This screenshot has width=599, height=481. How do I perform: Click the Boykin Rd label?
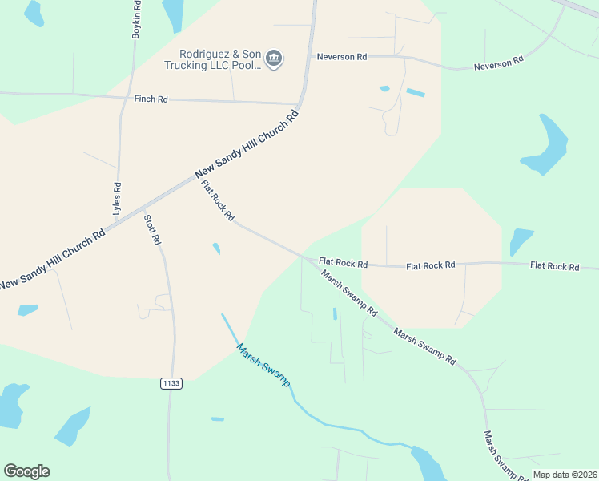point(136,20)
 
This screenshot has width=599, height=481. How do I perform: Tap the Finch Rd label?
point(151,99)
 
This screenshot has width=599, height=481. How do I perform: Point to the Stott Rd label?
point(152,229)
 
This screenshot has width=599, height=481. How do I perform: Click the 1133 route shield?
point(171,383)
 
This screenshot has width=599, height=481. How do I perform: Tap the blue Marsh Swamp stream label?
point(263,365)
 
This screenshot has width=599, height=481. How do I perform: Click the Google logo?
point(26,471)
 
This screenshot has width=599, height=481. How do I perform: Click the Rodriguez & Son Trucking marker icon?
point(274,58)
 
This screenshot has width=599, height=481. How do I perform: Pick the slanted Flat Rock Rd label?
point(218,200)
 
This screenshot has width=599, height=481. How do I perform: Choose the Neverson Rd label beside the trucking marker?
point(341,57)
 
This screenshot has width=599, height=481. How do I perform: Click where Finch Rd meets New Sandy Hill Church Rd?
point(298,103)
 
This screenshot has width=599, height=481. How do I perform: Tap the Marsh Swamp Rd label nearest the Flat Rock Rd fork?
point(349,292)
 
